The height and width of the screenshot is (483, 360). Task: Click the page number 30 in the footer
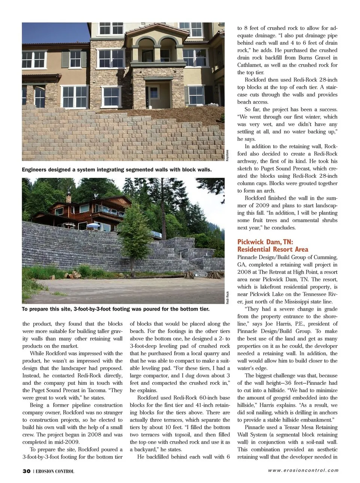tap(26, 471)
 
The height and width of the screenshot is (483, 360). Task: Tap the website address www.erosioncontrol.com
tap(303, 471)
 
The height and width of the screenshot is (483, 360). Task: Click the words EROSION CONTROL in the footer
tap(55, 471)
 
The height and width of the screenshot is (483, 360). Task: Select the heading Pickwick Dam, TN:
tap(265, 242)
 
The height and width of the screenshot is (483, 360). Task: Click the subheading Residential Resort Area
tap(273, 249)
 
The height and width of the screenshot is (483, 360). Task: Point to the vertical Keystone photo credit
tap(227, 156)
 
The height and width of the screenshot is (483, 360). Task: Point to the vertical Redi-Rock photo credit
tap(227, 297)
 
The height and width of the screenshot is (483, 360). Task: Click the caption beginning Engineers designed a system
tap(117, 170)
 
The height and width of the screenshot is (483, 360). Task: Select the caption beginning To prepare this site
tap(115, 309)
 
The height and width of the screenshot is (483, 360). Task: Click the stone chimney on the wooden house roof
tap(69, 198)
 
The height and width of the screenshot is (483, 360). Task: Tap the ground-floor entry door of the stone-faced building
tap(154, 96)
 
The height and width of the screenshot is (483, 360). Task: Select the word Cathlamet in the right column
tap(251, 65)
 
